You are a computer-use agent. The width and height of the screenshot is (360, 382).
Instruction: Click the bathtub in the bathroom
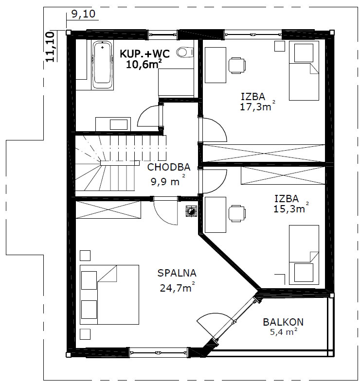103,65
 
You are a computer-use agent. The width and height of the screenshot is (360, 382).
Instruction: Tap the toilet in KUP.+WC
185,52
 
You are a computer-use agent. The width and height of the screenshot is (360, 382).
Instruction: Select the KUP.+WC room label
144,53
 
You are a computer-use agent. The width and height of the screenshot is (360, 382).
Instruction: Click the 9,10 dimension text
83,14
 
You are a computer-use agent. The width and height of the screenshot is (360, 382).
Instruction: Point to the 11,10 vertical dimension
51,47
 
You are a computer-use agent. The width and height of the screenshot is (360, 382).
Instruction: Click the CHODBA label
169,167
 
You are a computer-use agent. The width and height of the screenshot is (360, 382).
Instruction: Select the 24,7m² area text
177,288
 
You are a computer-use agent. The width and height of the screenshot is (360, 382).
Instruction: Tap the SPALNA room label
177,273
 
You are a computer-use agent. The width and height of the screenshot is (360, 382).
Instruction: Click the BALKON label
283,322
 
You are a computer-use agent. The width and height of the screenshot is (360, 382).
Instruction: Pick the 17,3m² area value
258,106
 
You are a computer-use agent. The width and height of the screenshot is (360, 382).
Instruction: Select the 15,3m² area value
291,208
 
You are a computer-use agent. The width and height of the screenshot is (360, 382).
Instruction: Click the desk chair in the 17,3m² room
237,65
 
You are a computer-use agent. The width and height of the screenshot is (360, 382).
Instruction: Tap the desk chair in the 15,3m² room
237,214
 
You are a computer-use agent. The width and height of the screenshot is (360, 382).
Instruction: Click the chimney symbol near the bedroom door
192,211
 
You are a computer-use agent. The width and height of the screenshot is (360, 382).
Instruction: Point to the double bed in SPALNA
109,295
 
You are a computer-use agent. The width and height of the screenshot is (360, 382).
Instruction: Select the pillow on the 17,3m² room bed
304,53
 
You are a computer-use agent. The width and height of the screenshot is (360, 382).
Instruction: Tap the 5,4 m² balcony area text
284,331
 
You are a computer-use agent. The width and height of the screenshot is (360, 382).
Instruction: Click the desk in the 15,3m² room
216,215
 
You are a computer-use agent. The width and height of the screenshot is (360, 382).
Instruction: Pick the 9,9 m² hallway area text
168,180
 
